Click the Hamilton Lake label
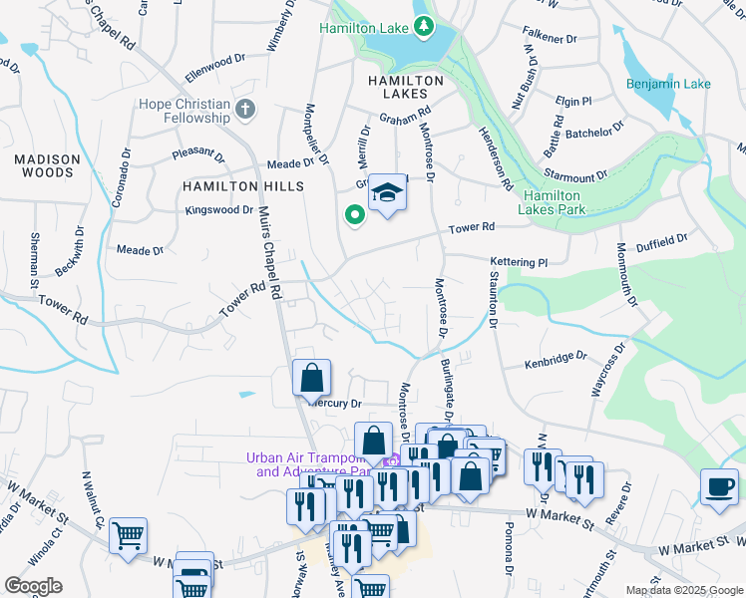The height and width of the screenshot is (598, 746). (365, 29)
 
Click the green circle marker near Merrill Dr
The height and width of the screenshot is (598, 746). (352, 213)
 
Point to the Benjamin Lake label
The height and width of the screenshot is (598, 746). (668, 84)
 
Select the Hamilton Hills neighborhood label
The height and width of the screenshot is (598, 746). (228, 186)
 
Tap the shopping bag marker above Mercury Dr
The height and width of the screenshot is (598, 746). (311, 378)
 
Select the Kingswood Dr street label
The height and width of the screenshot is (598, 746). (219, 210)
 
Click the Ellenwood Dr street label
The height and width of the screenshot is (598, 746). (214, 68)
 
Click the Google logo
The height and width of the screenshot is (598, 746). (33, 586)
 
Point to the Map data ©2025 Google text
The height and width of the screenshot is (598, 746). (683, 590)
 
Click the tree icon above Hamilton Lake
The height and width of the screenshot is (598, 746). (425, 25)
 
